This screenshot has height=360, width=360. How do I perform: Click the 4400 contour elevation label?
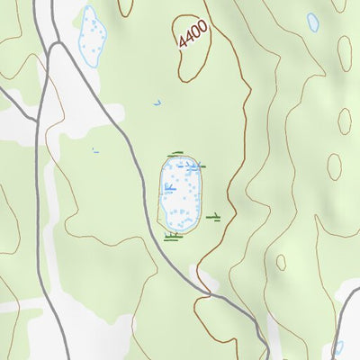pyautogui.click(x=193, y=34)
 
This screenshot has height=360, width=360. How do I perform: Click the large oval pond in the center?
pyautogui.click(x=181, y=193)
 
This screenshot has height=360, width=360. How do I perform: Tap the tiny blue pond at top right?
pyautogui.click(x=313, y=22)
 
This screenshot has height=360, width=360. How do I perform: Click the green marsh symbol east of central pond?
pyautogui.click(x=214, y=216)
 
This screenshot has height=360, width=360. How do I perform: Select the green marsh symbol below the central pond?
pyautogui.click(x=174, y=236)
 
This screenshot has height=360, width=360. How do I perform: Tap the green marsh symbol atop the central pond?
pyautogui.click(x=176, y=155)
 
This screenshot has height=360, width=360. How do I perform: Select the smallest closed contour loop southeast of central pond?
pyautogui.click(x=335, y=166)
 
